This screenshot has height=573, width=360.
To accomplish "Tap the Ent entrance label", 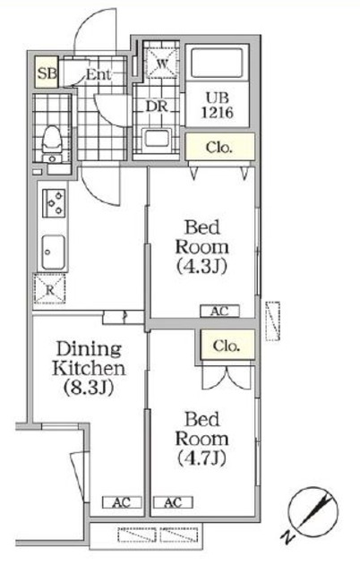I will pos(99,75).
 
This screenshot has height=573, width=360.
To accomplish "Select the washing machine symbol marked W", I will pos(163,64).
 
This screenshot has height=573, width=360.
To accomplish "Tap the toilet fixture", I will pos(53,140).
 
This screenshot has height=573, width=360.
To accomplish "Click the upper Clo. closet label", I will pos(219,148).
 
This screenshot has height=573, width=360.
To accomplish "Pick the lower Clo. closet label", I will pos(227,344).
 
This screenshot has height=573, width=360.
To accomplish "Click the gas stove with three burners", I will pos(53,204).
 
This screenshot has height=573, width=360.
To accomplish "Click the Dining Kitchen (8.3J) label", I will pos(88,368).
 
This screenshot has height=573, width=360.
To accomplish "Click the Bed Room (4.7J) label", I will pos(205,440).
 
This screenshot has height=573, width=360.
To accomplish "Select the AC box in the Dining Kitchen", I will pos(119,502).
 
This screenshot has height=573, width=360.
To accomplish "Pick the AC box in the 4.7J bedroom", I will pos(172,502).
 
